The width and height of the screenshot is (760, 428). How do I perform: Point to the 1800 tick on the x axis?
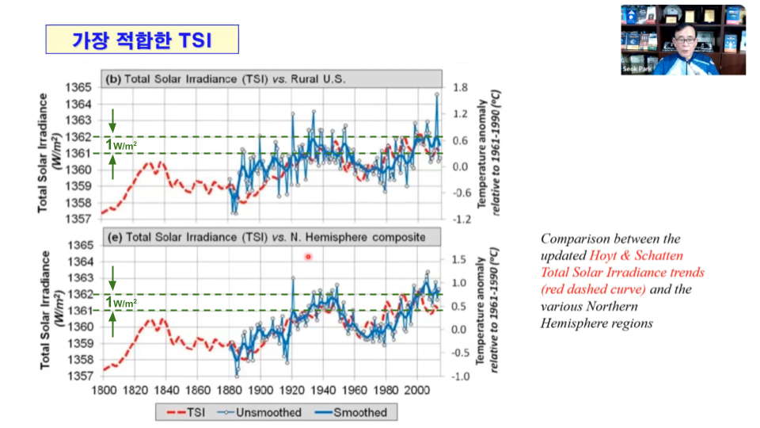coord(103,391)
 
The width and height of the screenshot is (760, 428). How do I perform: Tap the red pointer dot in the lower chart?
coord(308,257)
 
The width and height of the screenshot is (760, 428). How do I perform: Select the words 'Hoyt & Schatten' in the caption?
coord(629,255)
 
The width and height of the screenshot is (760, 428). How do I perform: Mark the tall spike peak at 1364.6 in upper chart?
coord(436,94)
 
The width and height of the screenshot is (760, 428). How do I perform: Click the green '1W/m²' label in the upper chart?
coord(123,145)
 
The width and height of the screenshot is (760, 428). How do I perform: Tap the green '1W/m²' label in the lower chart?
coord(123,302)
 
